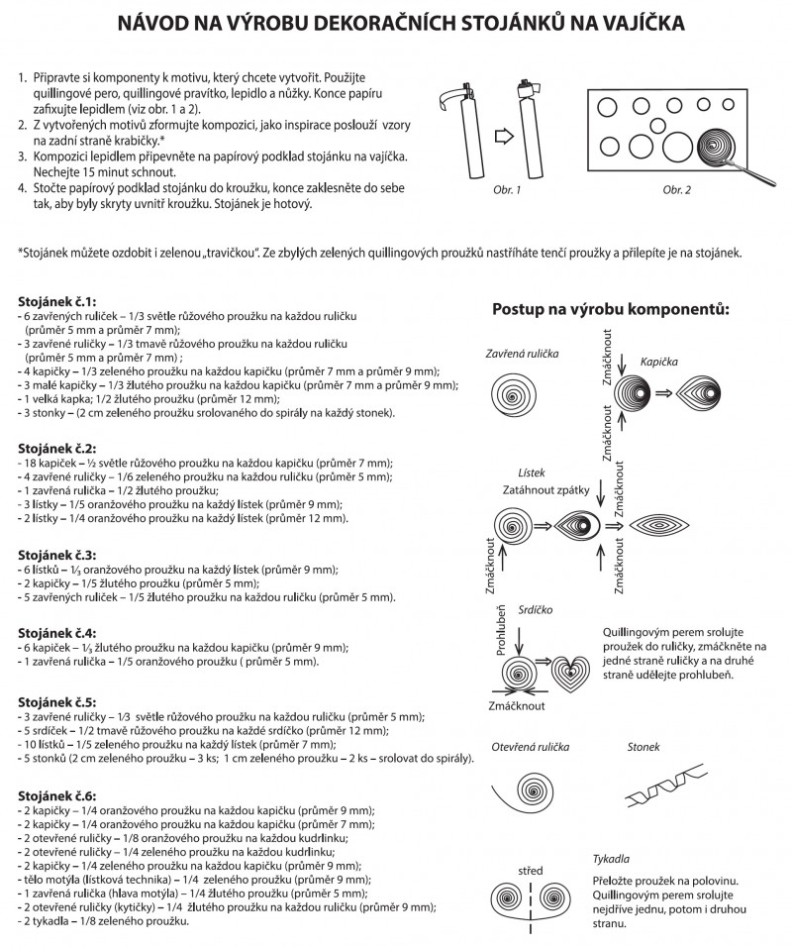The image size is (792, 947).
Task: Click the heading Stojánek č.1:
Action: coord(56,300)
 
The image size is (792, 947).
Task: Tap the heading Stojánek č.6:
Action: coord(56,796)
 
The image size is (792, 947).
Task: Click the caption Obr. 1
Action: coord(507,188)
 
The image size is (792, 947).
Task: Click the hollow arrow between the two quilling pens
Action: coord(501,133)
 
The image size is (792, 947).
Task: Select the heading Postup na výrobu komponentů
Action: coord(611,309)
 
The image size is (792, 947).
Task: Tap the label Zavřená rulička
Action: coord(522,354)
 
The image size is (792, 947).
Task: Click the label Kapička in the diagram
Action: coord(660,363)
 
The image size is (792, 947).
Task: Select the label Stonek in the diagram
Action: coord(643,747)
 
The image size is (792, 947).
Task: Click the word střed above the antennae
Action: coord(531,872)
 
